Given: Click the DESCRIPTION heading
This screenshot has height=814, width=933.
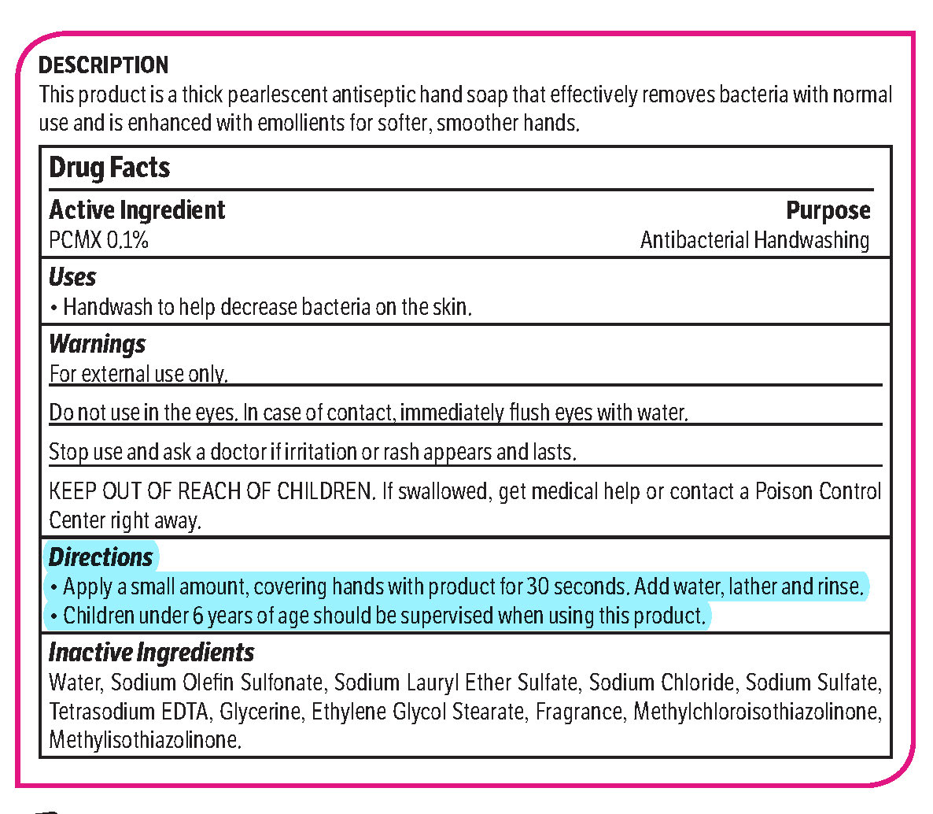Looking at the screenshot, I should point(103,65).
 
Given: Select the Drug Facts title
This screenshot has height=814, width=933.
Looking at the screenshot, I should point(109,168).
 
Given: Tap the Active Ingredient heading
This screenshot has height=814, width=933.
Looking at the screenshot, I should point(137,210).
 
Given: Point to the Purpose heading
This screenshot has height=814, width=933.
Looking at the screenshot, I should point(828,210).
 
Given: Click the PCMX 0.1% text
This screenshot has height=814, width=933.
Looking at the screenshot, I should point(98,239).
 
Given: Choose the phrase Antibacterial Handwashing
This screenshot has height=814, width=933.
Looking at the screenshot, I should point(754,239).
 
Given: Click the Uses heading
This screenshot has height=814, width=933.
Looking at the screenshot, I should point(72,277).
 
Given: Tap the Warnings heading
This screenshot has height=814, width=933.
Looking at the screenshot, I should point(97,344).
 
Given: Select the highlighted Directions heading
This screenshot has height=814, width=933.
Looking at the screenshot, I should point(101,557).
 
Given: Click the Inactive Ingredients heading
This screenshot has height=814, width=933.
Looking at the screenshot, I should point(151,652).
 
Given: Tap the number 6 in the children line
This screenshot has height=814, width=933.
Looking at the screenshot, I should point(197,616).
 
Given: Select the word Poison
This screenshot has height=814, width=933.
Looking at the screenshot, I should point(790,491).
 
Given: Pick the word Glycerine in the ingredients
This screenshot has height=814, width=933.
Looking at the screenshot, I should point(260,712).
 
